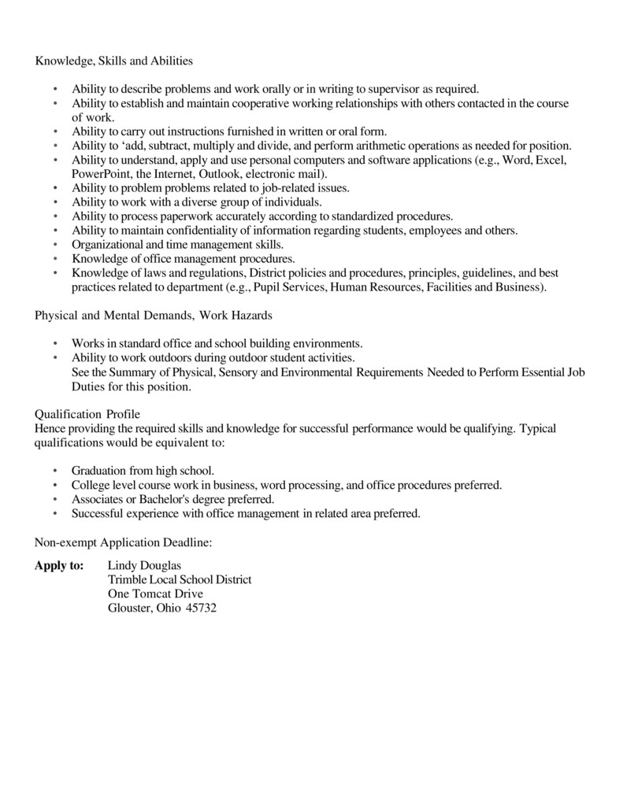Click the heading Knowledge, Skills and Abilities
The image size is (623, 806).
tap(114, 60)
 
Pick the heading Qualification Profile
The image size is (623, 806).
tap(87, 414)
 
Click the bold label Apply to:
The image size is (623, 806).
tap(60, 565)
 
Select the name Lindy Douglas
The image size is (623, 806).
tap(144, 565)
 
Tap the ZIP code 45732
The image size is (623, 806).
tap(201, 608)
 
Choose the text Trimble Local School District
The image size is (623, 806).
tap(180, 579)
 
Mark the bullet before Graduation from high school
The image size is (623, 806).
tap(55, 471)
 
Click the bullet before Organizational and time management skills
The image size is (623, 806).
tap(55, 244)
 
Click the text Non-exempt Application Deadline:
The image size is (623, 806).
tap(124, 542)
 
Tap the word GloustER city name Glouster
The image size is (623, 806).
tap(129, 608)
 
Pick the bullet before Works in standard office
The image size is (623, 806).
tap(55, 343)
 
